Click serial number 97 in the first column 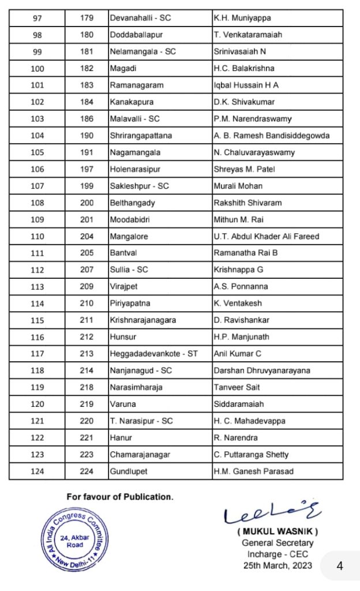[36, 18]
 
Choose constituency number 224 [87, 471]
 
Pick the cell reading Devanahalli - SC [140, 18]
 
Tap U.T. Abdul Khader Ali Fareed [266, 236]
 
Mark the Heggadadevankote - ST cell [153, 354]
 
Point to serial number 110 [36, 236]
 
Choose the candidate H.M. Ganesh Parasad [253, 471]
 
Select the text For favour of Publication [119, 496]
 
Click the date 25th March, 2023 [277, 565]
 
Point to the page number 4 [340, 566]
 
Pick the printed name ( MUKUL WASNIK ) [277, 532]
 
